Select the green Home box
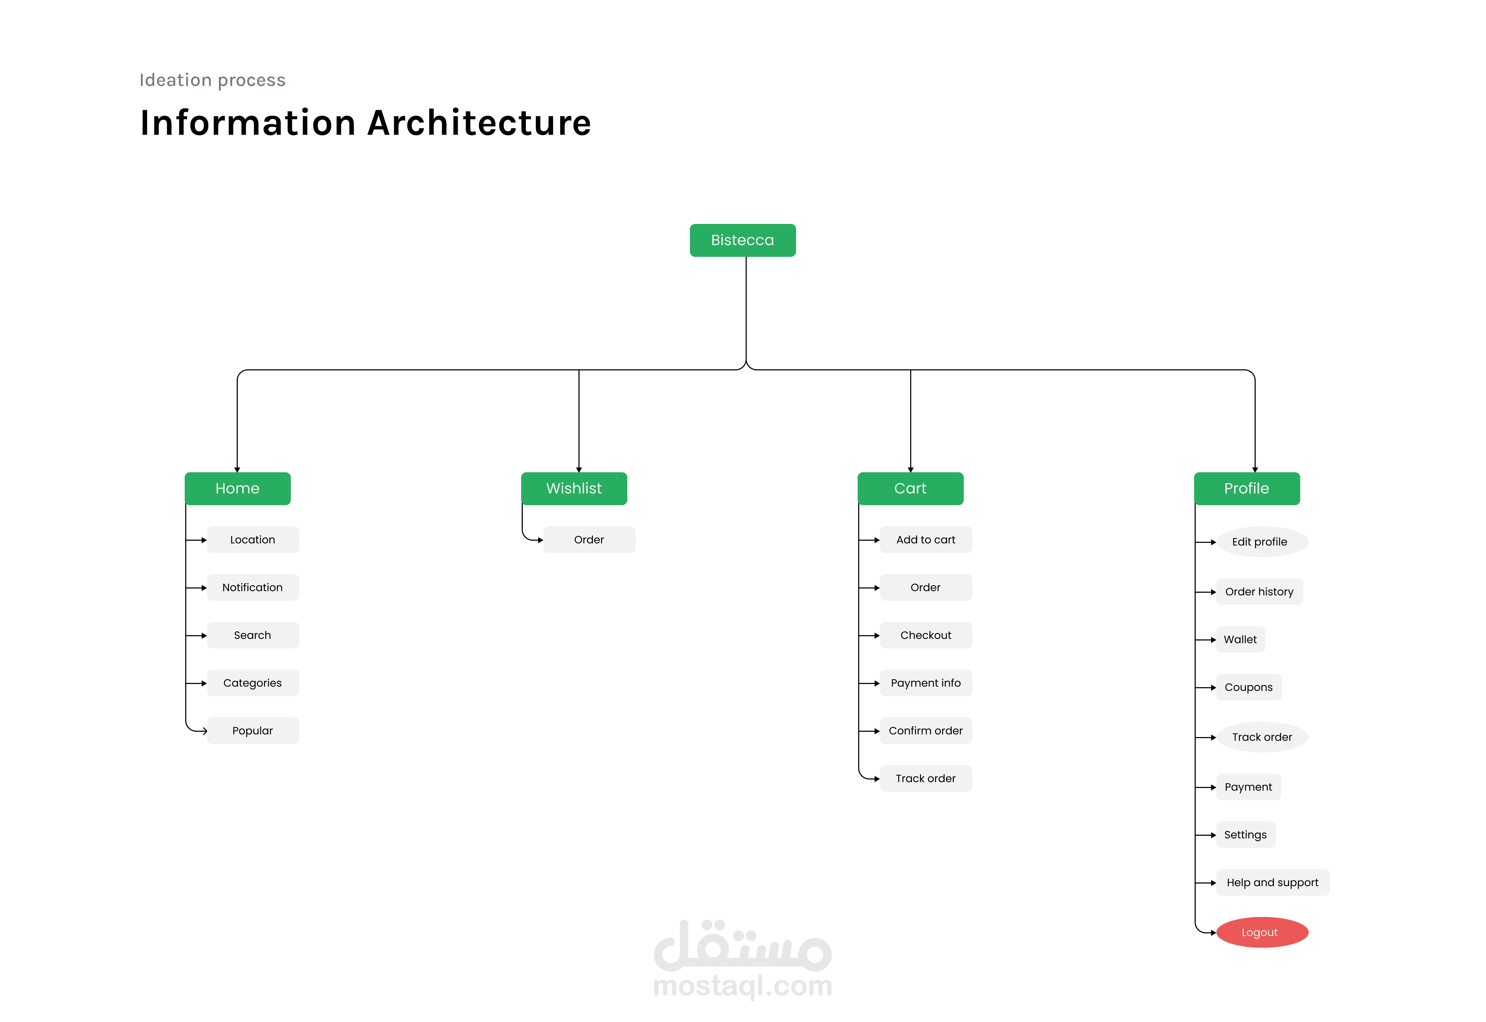click(238, 489)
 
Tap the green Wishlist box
click(574, 489)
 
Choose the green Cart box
click(910, 489)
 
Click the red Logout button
click(1262, 932)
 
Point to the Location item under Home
click(253, 540)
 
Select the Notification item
click(253, 587)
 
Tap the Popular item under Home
click(253, 731)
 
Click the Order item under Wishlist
click(589, 540)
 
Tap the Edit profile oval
click(1262, 542)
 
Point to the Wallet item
click(1241, 640)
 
